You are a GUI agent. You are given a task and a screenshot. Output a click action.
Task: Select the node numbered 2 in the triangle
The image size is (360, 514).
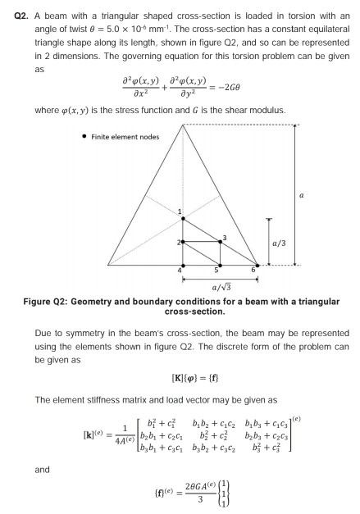tap(182, 242)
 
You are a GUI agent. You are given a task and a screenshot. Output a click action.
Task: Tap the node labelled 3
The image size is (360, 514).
tap(220, 242)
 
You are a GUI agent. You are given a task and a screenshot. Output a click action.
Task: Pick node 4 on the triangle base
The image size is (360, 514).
tap(182, 265)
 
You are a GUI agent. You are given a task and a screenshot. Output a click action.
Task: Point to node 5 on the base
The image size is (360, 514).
tap(220, 265)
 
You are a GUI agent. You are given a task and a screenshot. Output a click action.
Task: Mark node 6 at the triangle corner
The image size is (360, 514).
tap(257, 265)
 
